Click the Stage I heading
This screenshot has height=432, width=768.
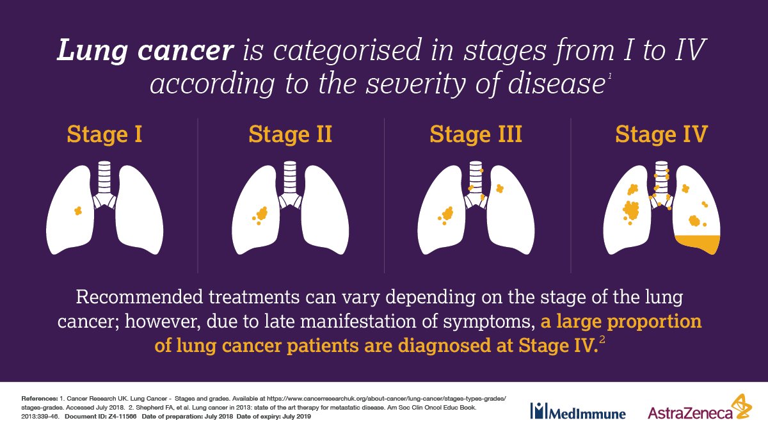(104, 135)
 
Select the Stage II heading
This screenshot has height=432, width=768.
(290, 135)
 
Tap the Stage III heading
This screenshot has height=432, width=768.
(476, 135)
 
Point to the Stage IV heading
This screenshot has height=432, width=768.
(661, 135)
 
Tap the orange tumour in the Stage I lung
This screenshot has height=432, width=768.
(77, 210)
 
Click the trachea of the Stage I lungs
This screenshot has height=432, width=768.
(104, 179)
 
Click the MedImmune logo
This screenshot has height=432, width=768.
(577, 412)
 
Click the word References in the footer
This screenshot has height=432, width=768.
(40, 398)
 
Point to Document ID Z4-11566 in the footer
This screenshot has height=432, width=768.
(104, 416)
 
